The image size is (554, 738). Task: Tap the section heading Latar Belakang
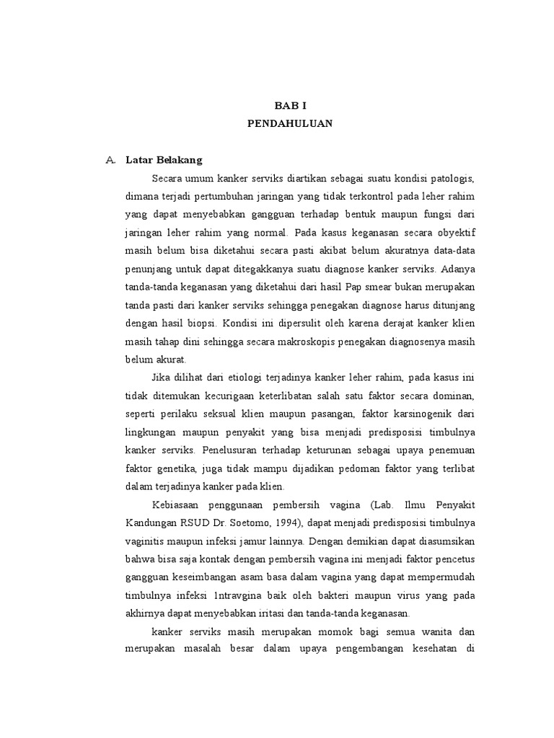(164, 160)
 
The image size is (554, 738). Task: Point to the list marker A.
(110, 160)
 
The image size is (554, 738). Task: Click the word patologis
(452, 178)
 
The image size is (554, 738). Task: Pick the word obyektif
(454, 232)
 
